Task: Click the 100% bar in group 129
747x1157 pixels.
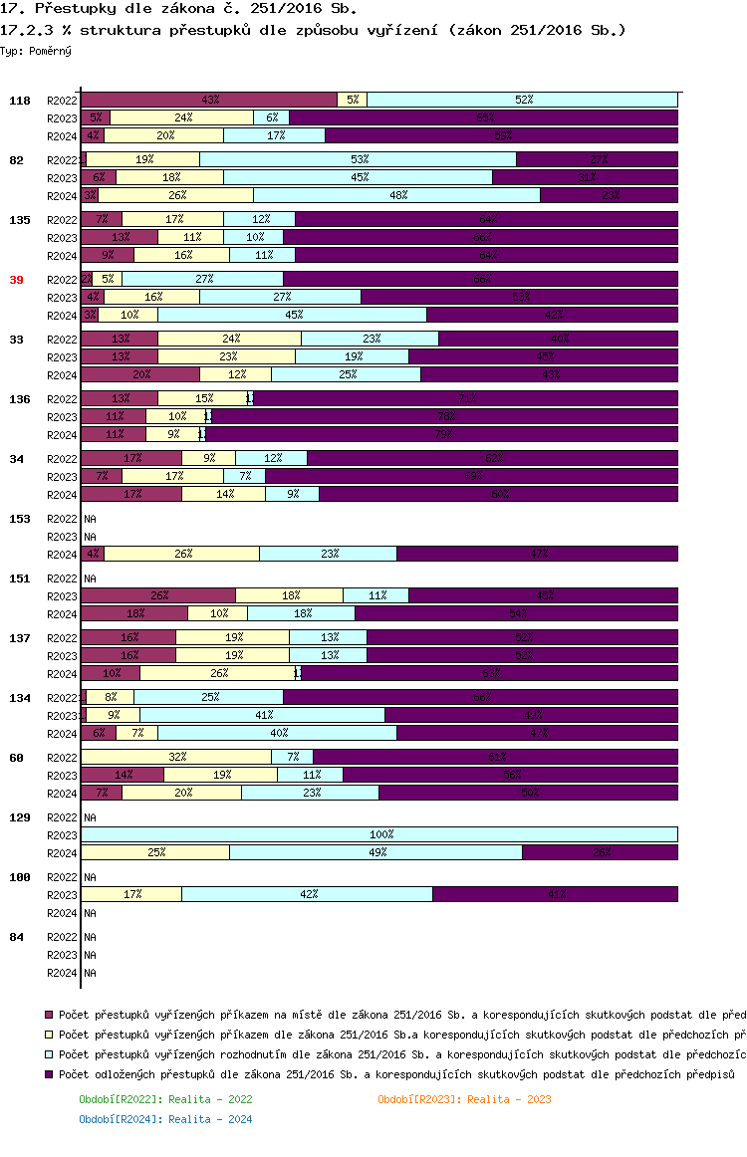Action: pos(378,834)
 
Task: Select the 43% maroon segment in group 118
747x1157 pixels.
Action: pos(209,100)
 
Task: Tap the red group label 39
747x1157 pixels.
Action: pos(16,280)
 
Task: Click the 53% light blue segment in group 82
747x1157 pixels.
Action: pos(359,159)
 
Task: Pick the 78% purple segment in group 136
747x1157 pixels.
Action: pos(444,416)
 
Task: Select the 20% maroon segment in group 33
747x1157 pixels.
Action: pos(140,374)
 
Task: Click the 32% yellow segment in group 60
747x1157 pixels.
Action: pos(176,757)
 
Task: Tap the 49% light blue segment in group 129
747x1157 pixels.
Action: pos(375,852)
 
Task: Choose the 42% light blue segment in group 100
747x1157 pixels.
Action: pos(307,894)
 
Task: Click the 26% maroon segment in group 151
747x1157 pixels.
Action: pos(158,595)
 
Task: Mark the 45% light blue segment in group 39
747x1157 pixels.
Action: pos(292,315)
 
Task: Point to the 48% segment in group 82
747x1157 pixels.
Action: pos(396,195)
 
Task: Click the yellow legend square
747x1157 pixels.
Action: pos(49,1034)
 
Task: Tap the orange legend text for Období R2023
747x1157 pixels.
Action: pos(464,1099)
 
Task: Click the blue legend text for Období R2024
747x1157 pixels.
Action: pos(165,1119)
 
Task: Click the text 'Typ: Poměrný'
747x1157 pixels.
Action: pos(36,50)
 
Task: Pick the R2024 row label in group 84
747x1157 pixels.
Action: pos(62,973)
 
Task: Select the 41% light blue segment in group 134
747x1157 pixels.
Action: pos(262,715)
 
